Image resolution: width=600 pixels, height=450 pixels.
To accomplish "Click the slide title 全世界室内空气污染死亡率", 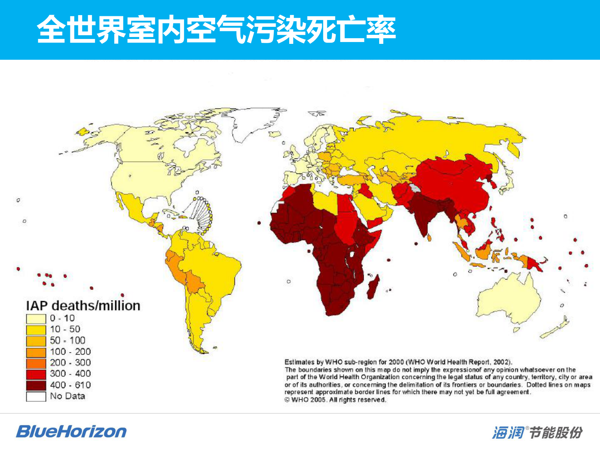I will point(216,29).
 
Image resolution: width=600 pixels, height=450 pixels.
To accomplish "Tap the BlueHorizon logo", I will point(71,431).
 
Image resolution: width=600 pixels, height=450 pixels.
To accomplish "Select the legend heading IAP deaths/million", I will point(83,306).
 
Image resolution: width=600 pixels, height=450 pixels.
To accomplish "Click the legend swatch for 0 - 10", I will point(36,318).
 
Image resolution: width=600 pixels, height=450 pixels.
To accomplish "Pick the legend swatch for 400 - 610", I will point(36,385).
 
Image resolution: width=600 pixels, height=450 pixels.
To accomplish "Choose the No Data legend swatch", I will point(36,396).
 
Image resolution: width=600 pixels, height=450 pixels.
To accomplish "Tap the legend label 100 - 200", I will point(70,352).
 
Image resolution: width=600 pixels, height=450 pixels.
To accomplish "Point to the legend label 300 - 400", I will point(70,374).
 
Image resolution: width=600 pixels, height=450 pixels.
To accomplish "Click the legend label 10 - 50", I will point(65,329).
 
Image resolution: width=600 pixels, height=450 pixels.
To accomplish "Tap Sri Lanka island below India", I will point(429,238).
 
